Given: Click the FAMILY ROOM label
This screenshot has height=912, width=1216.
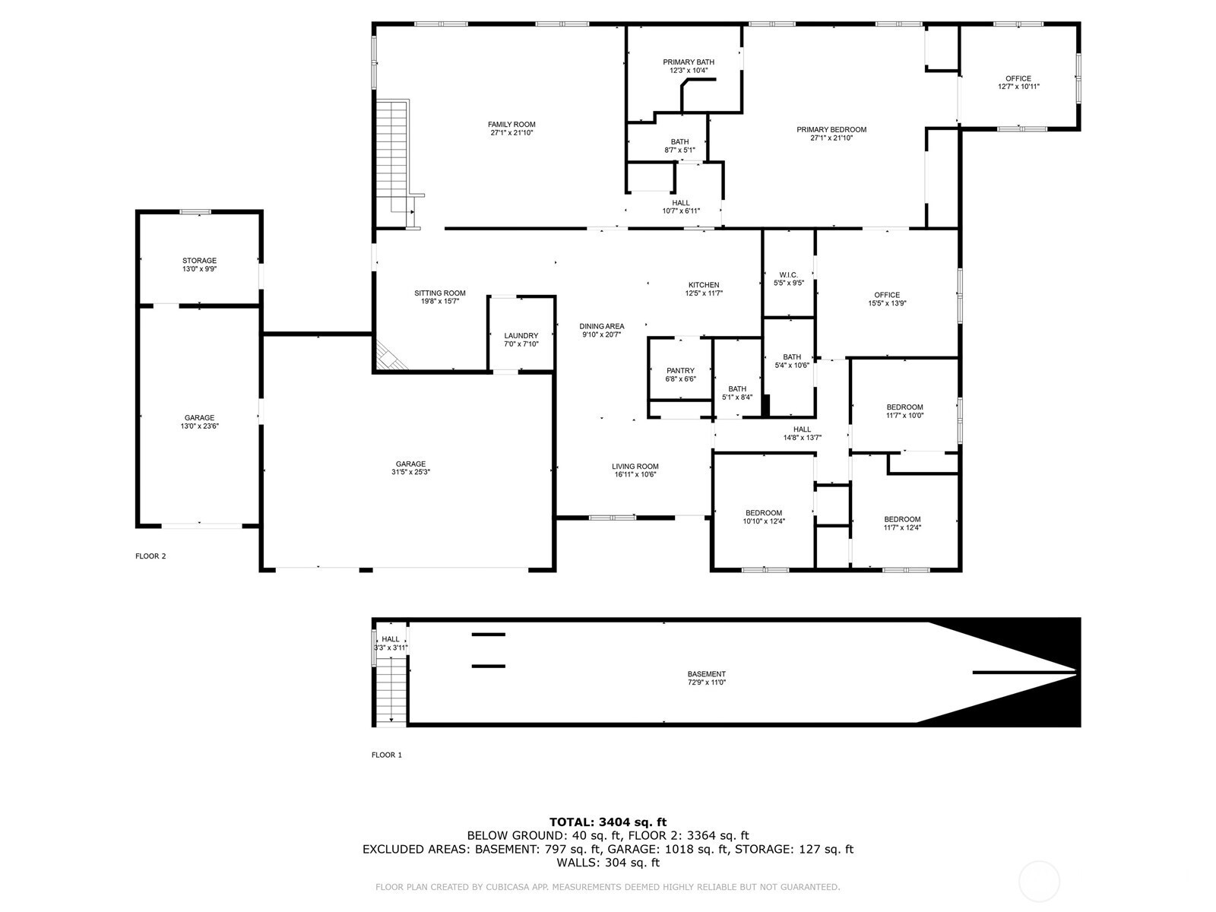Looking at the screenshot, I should [511, 125].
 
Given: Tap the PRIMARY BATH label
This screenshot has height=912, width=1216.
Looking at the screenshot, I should [688, 62].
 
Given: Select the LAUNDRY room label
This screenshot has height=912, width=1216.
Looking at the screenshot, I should [521, 335].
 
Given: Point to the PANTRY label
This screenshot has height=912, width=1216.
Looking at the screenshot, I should [680, 371].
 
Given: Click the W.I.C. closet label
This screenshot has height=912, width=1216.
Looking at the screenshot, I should [788, 274].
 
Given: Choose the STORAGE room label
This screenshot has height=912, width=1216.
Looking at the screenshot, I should [199, 261].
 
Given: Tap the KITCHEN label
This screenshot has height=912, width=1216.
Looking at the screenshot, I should [703, 285].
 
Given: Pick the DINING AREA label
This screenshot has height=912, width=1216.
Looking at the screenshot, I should [601, 326].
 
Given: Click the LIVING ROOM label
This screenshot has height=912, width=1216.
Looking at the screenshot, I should [635, 467].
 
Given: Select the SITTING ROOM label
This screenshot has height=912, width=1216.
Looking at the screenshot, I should [439, 293].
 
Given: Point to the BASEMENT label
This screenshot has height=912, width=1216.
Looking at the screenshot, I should [706, 674].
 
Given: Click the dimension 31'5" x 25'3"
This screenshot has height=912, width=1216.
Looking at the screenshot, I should [410, 473].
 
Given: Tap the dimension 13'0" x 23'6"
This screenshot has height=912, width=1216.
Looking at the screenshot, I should [199, 426].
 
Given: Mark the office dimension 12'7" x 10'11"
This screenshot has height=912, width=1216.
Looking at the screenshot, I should [1018, 87].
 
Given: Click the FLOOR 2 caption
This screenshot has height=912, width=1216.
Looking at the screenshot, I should [150, 556].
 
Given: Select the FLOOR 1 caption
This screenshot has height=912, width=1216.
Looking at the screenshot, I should [386, 755].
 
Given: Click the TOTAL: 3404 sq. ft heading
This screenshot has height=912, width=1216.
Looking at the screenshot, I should [607, 822].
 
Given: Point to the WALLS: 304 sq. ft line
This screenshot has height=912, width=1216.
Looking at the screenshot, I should [607, 863].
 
